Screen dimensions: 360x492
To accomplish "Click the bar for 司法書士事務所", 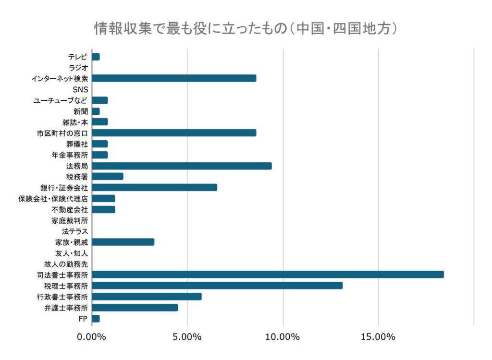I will pos(267,275).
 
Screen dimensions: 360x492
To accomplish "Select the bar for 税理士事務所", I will pos(217,286).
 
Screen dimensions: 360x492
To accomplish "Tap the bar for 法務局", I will pos(181,166).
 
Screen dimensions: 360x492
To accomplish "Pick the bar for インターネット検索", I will pos(173,78).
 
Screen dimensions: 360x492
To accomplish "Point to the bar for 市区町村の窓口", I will pos(173,133).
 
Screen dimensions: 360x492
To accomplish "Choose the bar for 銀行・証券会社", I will pos(154,188).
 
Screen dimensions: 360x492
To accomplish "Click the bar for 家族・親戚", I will pos(123,242).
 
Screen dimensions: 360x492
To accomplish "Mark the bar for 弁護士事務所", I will pos(135,308).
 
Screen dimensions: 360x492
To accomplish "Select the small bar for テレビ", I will pos(96,57).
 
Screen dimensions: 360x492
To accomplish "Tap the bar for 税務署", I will pos(107,177).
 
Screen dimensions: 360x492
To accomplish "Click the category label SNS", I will pos(80,89).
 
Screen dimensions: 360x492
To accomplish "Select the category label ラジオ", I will pos(78,68).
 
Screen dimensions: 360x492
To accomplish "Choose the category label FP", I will pos(83,318).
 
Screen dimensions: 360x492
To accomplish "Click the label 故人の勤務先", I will pos(70,264).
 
